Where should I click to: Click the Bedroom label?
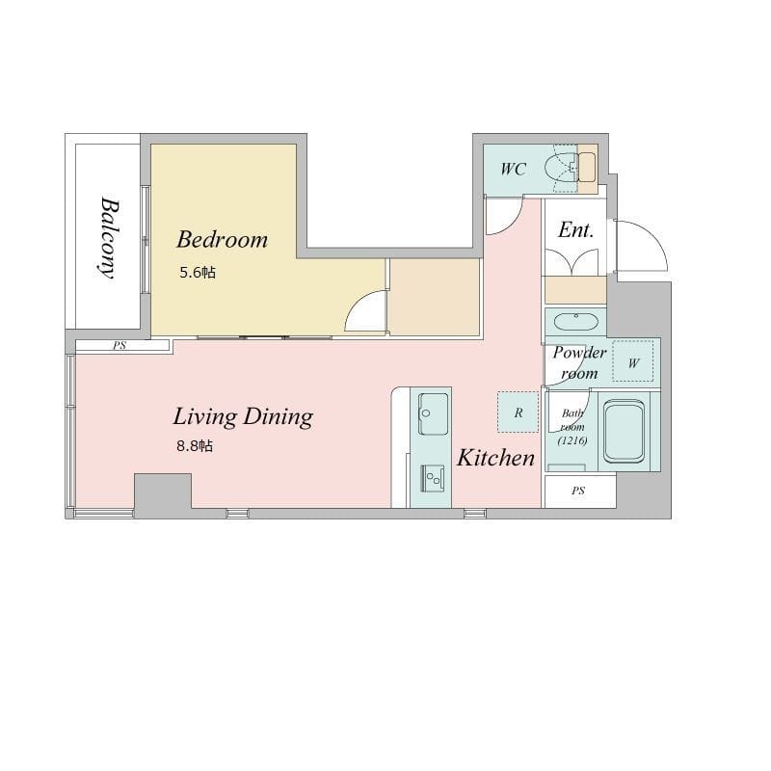click(223, 239)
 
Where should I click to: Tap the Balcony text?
click(110, 238)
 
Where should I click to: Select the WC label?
click(514, 170)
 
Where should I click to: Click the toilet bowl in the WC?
click(561, 168)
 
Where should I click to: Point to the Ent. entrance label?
click(575, 229)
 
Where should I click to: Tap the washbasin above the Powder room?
click(575, 323)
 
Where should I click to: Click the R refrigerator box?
click(518, 412)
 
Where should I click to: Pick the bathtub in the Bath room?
click(624, 432)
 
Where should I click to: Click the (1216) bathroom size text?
click(572, 440)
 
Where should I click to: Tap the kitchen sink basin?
click(433, 413)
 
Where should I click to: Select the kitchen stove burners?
click(433, 478)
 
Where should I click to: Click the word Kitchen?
click(495, 458)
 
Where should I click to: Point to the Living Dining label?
click(243, 417)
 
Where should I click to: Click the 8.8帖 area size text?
click(195, 446)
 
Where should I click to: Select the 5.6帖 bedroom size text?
click(198, 273)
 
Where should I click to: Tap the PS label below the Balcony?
click(120, 346)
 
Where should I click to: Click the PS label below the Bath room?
click(578, 491)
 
